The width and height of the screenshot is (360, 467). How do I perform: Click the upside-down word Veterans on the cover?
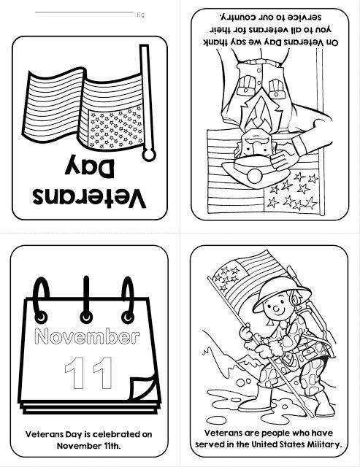(x=89, y=198)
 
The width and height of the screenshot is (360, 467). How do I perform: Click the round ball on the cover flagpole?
(x=149, y=154)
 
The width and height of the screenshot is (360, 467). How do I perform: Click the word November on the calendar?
(x=88, y=336)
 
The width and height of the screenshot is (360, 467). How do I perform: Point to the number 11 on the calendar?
(x=88, y=374)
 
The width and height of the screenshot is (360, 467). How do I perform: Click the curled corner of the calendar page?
(x=144, y=387)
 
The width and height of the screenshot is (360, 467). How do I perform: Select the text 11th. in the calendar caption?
(x=110, y=446)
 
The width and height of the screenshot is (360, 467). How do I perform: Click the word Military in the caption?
(x=326, y=444)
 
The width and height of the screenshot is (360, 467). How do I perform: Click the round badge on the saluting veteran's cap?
(x=255, y=176)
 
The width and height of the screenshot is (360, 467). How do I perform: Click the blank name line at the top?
(x=84, y=12)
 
